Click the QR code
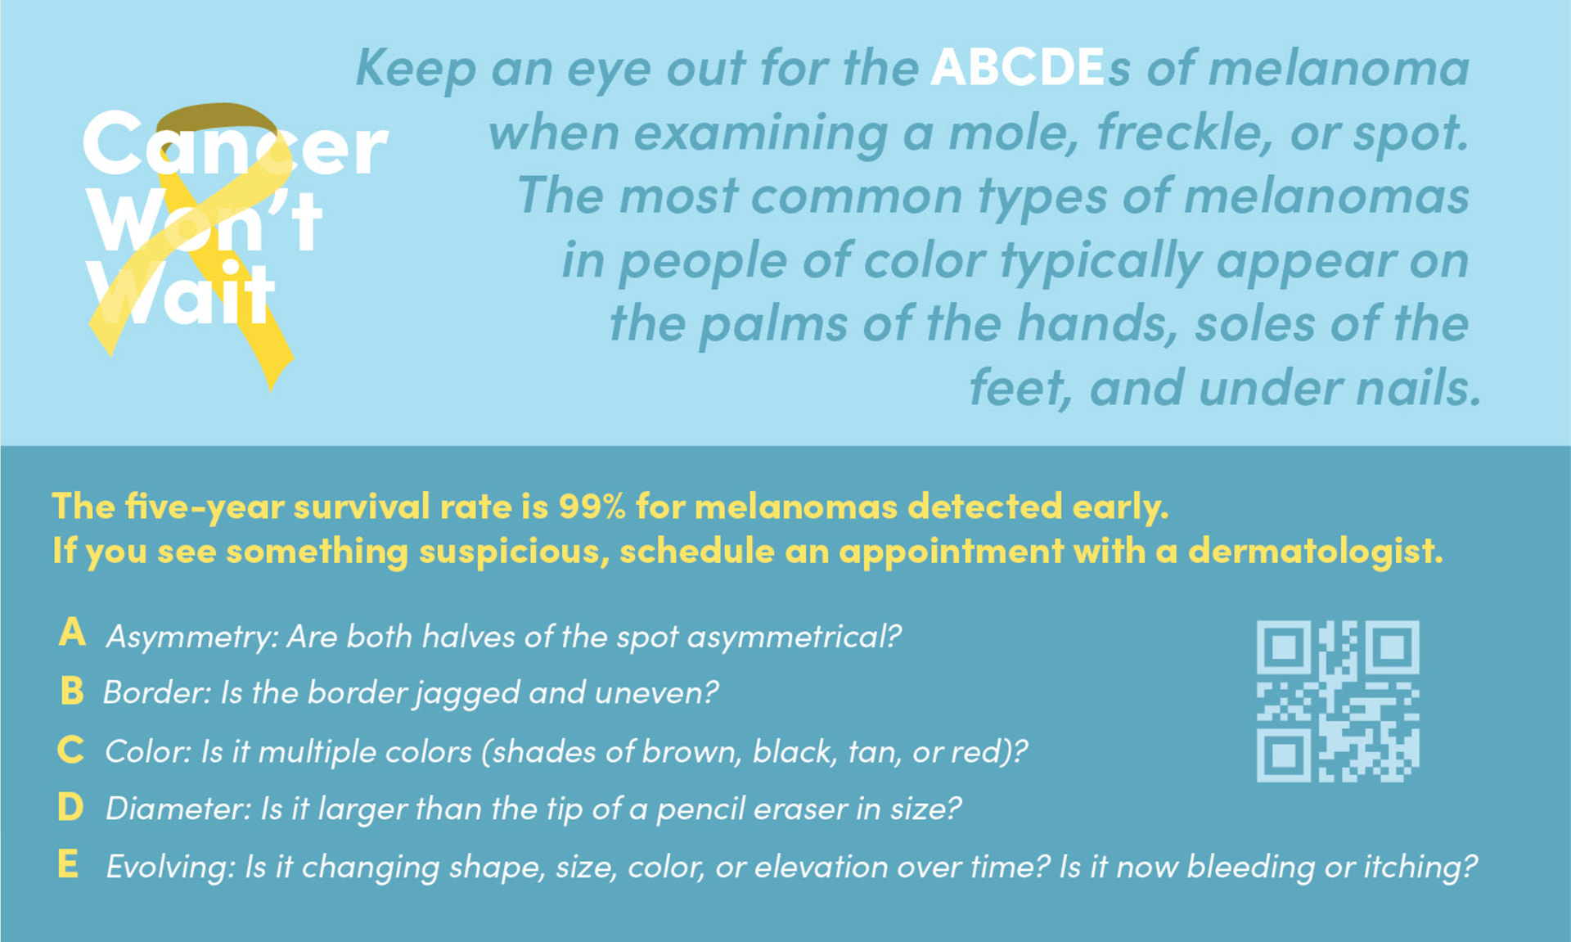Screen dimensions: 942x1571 (1338, 701)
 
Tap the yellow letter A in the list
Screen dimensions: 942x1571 (72, 633)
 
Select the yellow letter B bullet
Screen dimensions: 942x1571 (72, 691)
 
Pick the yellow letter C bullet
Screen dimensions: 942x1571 (71, 750)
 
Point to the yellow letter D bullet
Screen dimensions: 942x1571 (71, 808)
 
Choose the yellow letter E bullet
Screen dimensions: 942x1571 (69, 864)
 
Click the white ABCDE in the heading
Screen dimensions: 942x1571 (1018, 67)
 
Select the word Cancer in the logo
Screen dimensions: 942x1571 (234, 146)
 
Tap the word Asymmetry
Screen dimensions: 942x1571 (190, 638)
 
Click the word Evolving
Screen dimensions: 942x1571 (170, 867)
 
